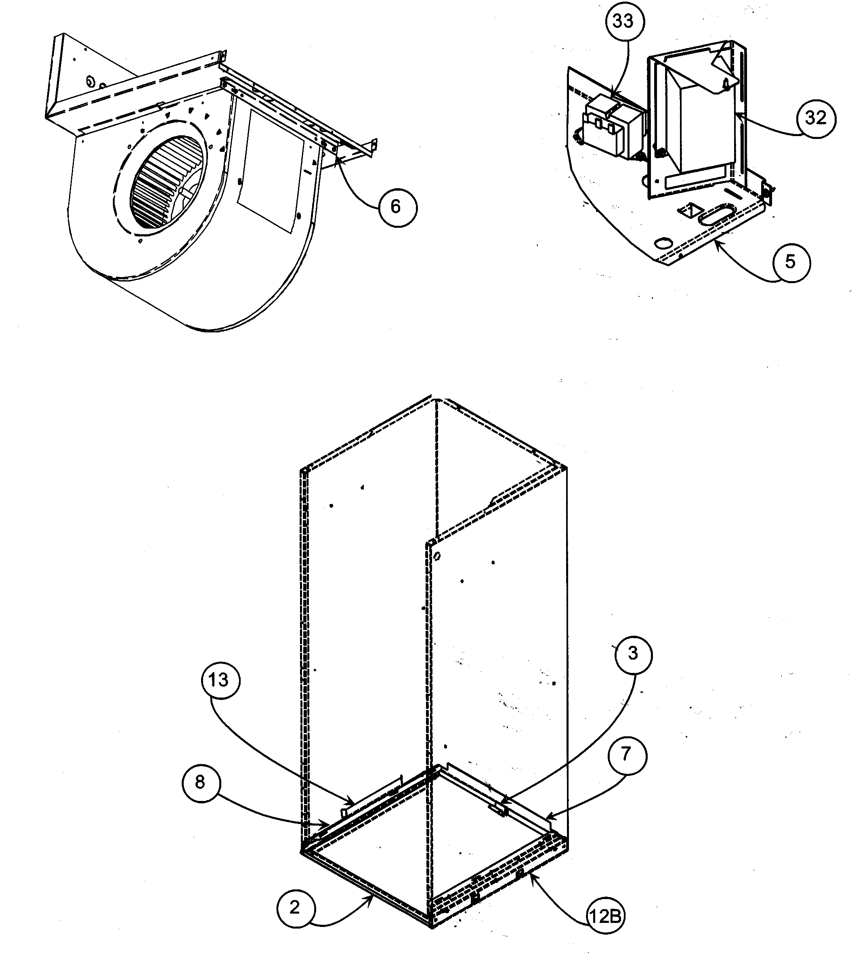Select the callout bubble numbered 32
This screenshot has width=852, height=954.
(816, 118)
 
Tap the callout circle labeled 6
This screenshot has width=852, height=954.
(397, 207)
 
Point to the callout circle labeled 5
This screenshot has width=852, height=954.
(791, 262)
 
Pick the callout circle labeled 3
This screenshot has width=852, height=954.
(633, 654)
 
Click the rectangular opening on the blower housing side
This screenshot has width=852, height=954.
(271, 171)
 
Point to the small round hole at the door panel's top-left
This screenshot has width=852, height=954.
(436, 557)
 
